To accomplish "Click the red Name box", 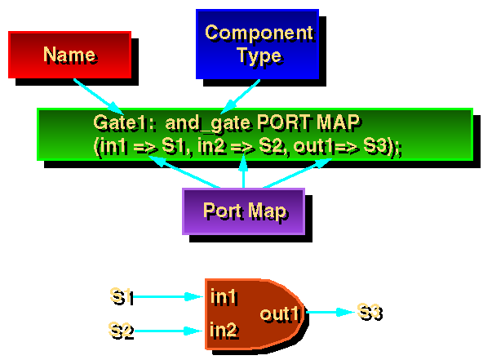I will (69, 55).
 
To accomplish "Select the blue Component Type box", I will (258, 44).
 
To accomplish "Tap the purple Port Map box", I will (244, 211).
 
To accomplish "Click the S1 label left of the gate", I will (121, 296).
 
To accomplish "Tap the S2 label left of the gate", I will (121, 330).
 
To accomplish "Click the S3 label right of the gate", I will (369, 311).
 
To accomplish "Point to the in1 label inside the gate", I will (223, 296).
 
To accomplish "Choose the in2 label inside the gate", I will (223, 331).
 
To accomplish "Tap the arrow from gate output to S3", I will (330, 312).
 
